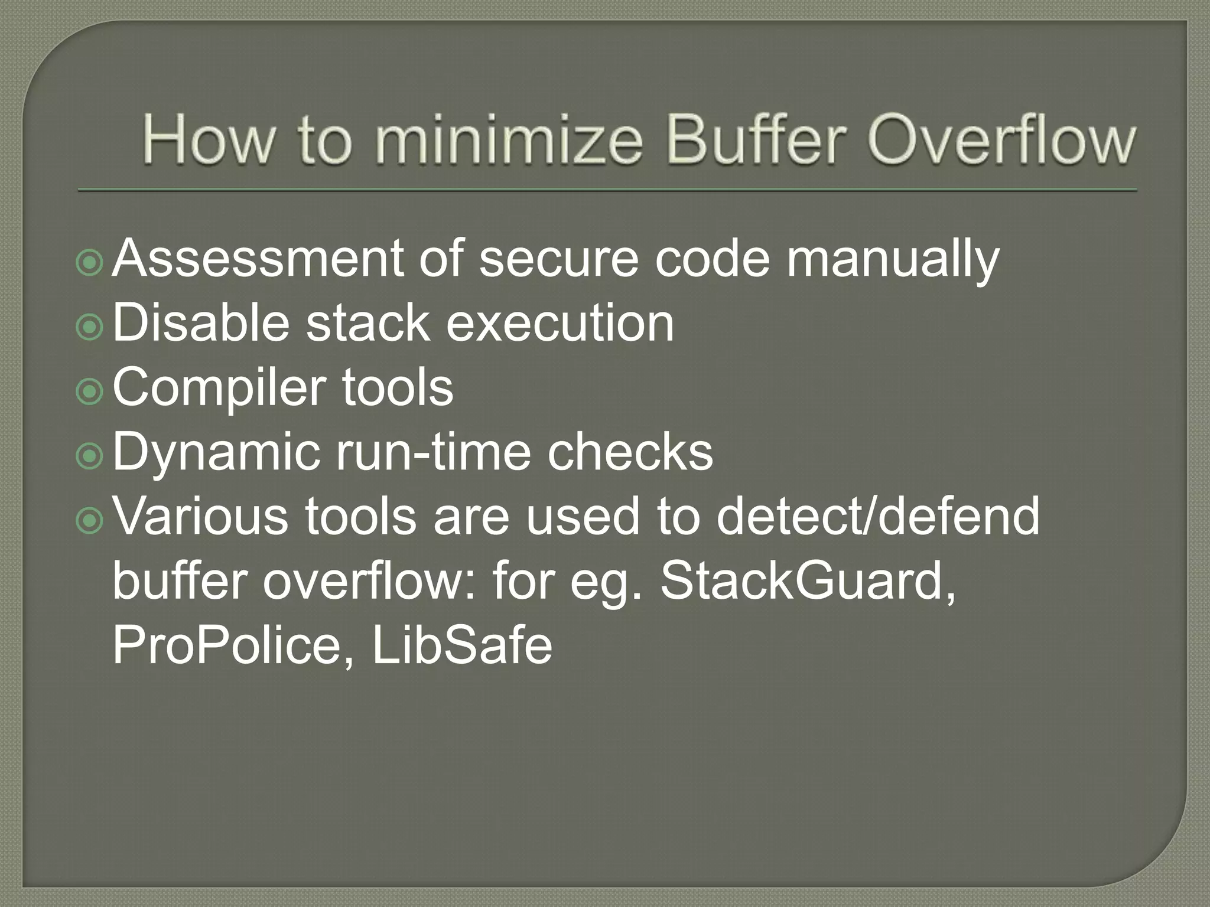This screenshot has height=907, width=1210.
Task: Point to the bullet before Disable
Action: pyautogui.click(x=90, y=326)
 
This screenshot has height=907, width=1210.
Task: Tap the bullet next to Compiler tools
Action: pyautogui.click(x=90, y=390)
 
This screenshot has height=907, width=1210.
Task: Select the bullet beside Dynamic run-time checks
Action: pyautogui.click(x=90, y=455)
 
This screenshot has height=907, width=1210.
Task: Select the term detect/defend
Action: pyautogui.click(x=878, y=516)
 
